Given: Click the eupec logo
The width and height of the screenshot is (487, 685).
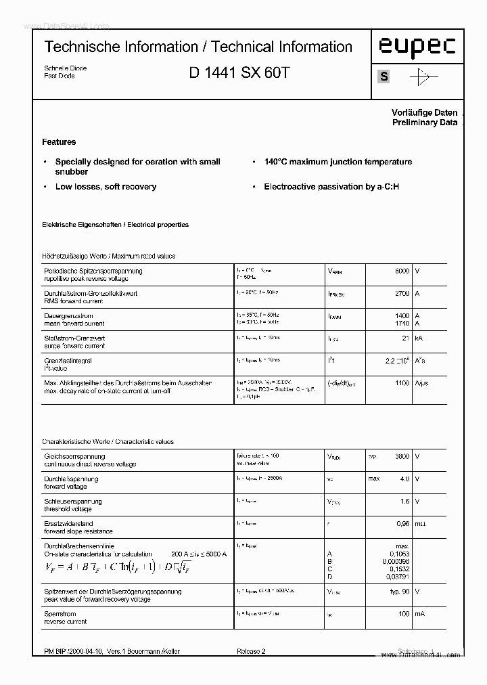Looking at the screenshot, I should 417,47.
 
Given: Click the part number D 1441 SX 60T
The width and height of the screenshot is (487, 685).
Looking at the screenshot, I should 239,72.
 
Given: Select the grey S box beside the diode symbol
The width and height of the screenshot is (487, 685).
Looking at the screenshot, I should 384,76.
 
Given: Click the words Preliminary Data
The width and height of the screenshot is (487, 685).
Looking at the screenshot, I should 425,123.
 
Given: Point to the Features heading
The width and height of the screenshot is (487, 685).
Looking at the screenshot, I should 59,142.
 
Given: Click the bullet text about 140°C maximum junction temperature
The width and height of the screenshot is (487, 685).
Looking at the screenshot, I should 338,162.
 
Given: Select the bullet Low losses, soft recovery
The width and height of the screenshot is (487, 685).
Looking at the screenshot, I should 106,187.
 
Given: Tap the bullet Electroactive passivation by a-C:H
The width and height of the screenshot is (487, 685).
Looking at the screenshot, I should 331,187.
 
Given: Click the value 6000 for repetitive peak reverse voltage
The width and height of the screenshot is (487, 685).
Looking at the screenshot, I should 402,271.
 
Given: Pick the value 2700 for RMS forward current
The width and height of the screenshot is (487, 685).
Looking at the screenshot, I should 402,294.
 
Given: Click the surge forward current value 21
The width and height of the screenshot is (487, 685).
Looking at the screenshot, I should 406,338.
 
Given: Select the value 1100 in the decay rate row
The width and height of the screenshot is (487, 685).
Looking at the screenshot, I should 402,383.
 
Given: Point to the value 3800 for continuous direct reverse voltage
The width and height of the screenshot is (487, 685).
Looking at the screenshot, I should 402,457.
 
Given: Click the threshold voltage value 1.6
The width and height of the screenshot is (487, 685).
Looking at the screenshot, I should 404,502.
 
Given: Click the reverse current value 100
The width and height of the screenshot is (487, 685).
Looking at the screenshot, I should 403,613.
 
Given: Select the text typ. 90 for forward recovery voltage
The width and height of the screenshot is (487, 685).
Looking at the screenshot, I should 400,591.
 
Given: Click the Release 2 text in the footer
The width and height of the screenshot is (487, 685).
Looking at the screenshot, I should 251,651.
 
